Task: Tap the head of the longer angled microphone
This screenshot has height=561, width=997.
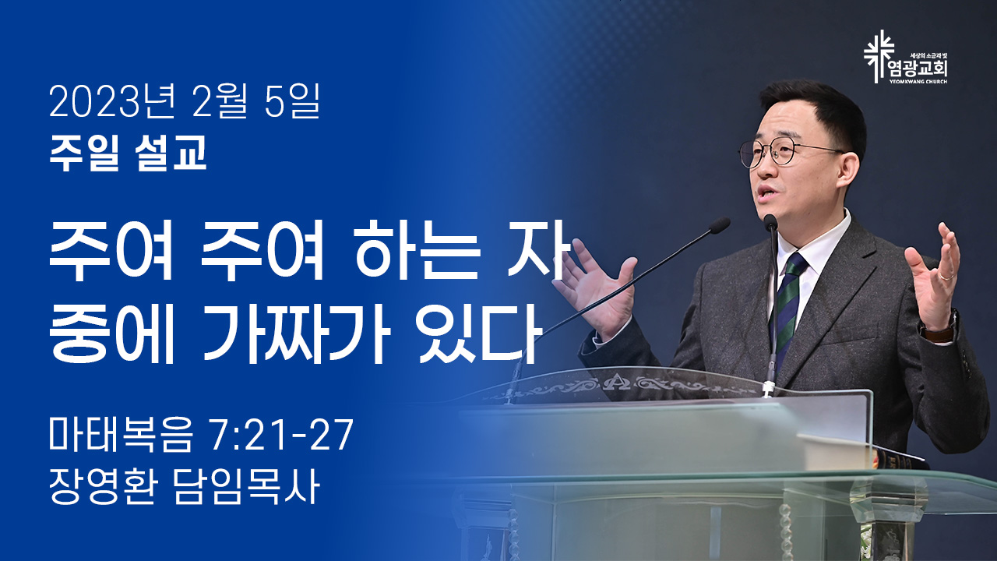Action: coord(718,226)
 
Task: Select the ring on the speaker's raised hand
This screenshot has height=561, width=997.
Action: coord(946,277)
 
